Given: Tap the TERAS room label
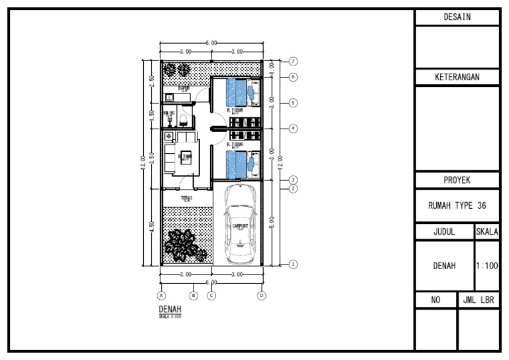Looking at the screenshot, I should click(186, 197).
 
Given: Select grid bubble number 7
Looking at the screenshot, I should click(293, 61).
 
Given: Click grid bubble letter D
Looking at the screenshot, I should click(262, 296).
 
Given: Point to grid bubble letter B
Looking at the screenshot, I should click(194, 296).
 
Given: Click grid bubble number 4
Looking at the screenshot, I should click(293, 128).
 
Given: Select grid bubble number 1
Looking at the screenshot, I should click(293, 264).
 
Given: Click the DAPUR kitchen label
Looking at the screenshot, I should click(184, 88).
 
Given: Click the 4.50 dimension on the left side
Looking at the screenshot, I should click(152, 225).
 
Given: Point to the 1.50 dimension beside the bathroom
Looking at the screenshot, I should click(152, 114).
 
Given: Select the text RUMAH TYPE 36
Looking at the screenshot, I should click(457, 206).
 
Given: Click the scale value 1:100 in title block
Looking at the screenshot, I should click(486, 266).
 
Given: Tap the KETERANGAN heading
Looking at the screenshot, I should click(457, 78).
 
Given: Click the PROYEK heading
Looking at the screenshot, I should click(457, 180).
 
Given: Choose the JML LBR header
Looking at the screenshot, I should click(479, 300).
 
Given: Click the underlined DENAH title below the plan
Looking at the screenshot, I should click(170, 309).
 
